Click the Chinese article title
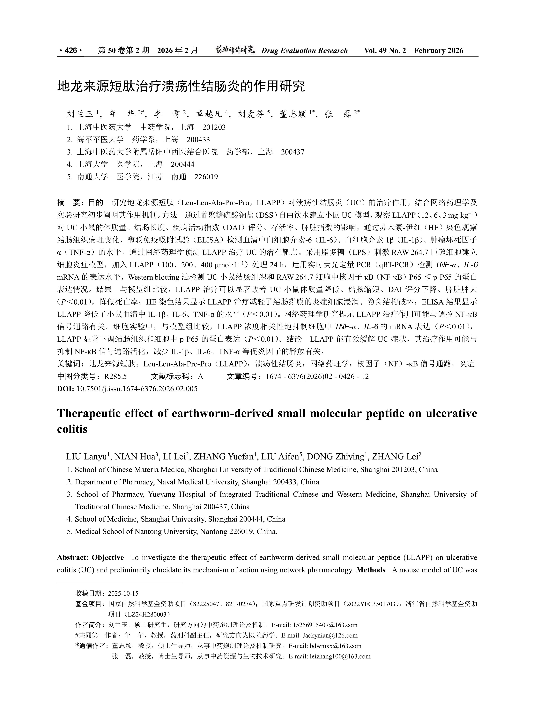(181, 87)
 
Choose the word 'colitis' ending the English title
(72, 429)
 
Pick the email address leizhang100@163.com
(340, 657)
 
